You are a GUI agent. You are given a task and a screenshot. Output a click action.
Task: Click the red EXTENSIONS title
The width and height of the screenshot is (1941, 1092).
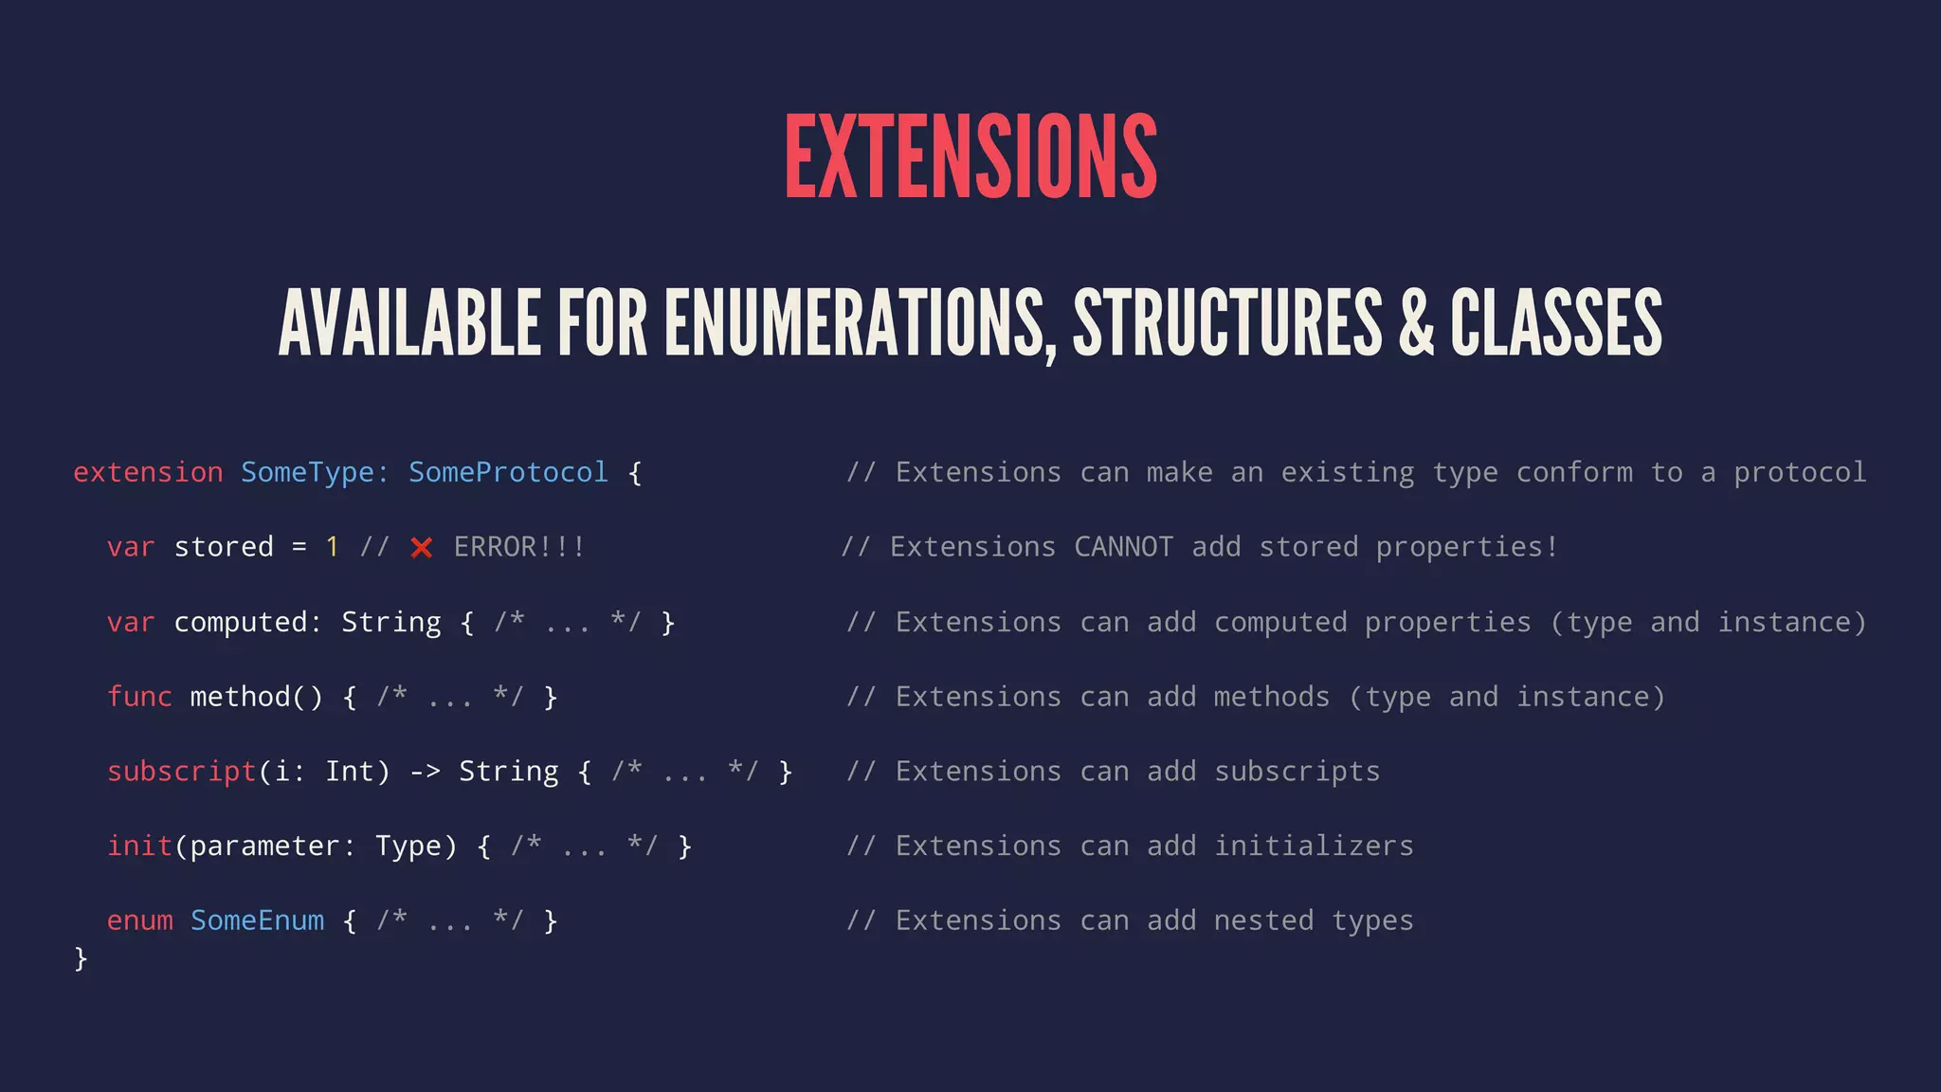coord(970,156)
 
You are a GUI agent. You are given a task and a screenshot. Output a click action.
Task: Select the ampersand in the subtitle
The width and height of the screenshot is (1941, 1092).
coord(1416,324)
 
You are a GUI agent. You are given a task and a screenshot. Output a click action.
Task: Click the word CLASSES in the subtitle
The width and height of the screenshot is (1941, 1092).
coord(1555,324)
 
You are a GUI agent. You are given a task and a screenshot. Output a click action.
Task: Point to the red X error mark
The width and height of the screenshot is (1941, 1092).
coord(422,548)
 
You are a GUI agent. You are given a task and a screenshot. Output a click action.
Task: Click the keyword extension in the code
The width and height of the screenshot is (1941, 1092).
coord(148,472)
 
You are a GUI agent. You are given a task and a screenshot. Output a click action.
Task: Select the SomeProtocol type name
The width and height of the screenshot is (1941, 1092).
coord(508,472)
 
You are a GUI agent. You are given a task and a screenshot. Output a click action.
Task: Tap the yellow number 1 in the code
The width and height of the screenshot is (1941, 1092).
coord(332,547)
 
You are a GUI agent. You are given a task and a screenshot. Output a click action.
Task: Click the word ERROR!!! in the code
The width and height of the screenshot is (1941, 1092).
coord(519,547)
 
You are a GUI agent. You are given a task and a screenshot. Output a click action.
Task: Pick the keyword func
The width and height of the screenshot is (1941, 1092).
coord(139,697)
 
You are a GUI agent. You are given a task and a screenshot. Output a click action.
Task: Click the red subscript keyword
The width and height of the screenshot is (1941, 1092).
coord(182,772)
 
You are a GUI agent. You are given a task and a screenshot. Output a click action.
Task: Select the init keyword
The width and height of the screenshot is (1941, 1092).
coord(139,846)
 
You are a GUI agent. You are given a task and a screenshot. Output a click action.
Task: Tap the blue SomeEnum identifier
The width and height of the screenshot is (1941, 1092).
coord(257,920)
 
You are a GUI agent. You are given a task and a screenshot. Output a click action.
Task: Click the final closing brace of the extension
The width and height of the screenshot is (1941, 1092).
coord(81,958)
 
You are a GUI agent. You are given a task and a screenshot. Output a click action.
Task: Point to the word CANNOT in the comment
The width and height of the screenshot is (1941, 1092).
coord(1123,547)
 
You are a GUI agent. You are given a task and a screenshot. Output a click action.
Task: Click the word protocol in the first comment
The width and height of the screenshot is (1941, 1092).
coord(1800,472)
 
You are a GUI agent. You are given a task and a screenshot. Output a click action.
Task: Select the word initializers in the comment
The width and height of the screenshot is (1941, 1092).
coord(1314,846)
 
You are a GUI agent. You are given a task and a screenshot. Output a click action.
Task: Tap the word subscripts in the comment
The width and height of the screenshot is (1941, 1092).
coord(1297,772)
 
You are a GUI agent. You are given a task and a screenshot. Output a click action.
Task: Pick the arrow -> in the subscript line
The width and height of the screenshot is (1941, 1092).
coord(425,772)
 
